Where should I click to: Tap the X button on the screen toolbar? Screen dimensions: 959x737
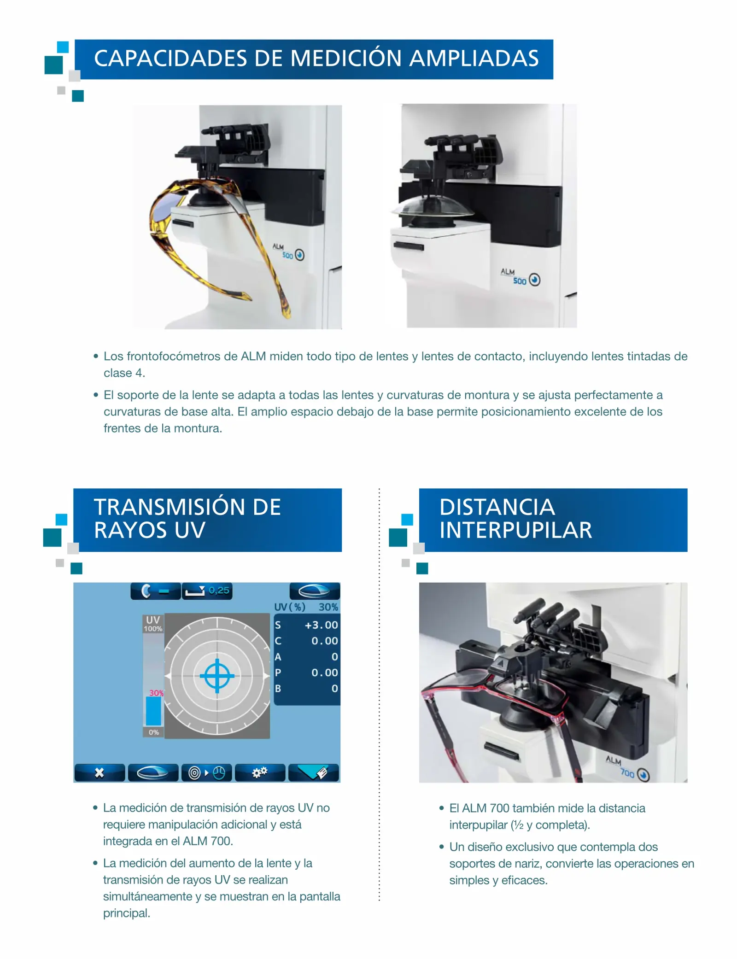coord(99,772)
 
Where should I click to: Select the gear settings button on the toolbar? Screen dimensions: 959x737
coord(260,772)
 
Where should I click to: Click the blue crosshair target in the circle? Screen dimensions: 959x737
coord(217,676)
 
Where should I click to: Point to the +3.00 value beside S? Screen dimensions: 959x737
coord(321,625)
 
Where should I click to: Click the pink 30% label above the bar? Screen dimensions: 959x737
coord(156,693)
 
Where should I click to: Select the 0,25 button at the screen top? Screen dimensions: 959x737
coord(207,591)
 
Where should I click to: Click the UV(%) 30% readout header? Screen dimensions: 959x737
coord(306,607)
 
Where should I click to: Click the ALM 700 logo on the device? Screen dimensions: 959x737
coord(626,769)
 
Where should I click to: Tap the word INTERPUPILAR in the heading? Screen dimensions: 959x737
coord(515,530)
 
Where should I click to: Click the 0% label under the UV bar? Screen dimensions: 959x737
coord(153,732)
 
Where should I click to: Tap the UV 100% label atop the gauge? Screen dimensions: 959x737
coord(153,624)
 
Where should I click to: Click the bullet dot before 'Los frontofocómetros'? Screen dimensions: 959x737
coord(96,356)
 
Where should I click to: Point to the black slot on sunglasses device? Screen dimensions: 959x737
coord(183,223)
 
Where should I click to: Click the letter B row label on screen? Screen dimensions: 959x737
coord(278,688)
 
